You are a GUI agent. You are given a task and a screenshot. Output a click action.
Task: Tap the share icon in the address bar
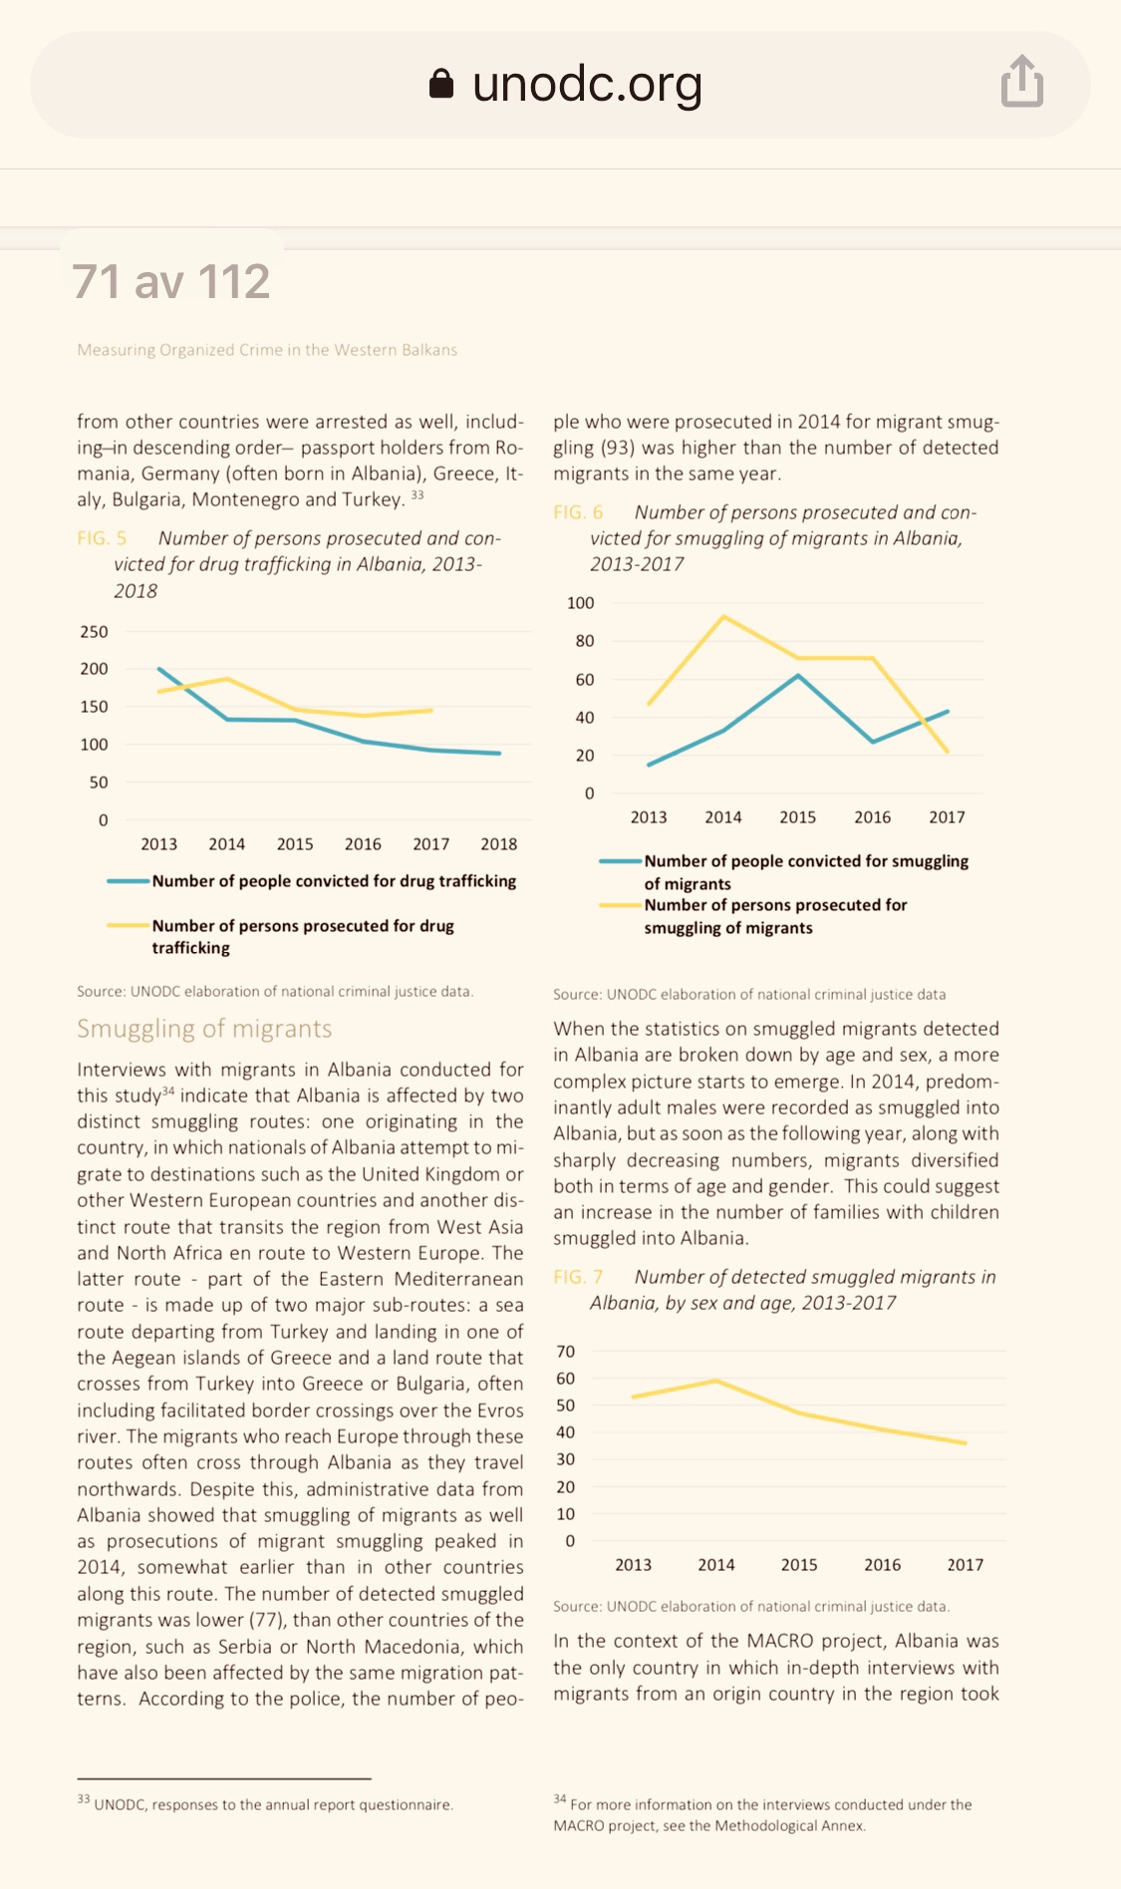pyautogui.click(x=1022, y=82)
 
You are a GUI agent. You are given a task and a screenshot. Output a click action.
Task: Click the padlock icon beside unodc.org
pyautogui.click(x=441, y=84)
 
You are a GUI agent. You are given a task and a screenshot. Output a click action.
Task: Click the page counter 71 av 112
pyautogui.click(x=171, y=281)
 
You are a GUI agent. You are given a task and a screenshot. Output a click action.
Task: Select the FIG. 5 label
pyautogui.click(x=102, y=538)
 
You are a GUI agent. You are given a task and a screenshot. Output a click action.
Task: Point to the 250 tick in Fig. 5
pyautogui.click(x=94, y=632)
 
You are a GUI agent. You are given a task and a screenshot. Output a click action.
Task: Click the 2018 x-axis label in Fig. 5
pyautogui.click(x=498, y=844)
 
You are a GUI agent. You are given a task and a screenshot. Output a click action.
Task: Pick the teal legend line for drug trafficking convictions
pyautogui.click(x=129, y=881)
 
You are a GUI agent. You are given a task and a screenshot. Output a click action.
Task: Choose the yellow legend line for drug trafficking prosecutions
pyautogui.click(x=129, y=926)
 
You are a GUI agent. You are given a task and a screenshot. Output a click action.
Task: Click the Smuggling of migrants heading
pyautogui.click(x=204, y=1029)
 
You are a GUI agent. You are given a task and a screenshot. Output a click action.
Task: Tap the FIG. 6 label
pyautogui.click(x=578, y=512)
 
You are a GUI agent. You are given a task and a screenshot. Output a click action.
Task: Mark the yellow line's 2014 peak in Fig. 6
pyautogui.click(x=723, y=617)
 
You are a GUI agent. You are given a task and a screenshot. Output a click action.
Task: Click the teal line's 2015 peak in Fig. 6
pyautogui.click(x=798, y=676)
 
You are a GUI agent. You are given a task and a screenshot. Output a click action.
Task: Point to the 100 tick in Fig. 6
pyautogui.click(x=580, y=603)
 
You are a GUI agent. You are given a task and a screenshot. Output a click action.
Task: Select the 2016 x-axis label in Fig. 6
pyautogui.click(x=872, y=817)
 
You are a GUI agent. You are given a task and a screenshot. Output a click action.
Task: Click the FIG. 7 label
pyautogui.click(x=578, y=1277)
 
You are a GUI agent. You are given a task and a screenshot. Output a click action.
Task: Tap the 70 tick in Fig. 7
pyautogui.click(x=565, y=1352)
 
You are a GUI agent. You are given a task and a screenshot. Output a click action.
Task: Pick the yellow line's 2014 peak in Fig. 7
pyautogui.click(x=716, y=1381)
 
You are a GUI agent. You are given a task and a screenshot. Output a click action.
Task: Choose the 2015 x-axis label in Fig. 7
pyautogui.click(x=799, y=1565)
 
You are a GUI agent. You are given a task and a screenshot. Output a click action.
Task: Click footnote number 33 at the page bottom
pyautogui.click(x=84, y=1799)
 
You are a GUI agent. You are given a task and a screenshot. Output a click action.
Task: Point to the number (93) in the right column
pyautogui.click(x=618, y=448)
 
